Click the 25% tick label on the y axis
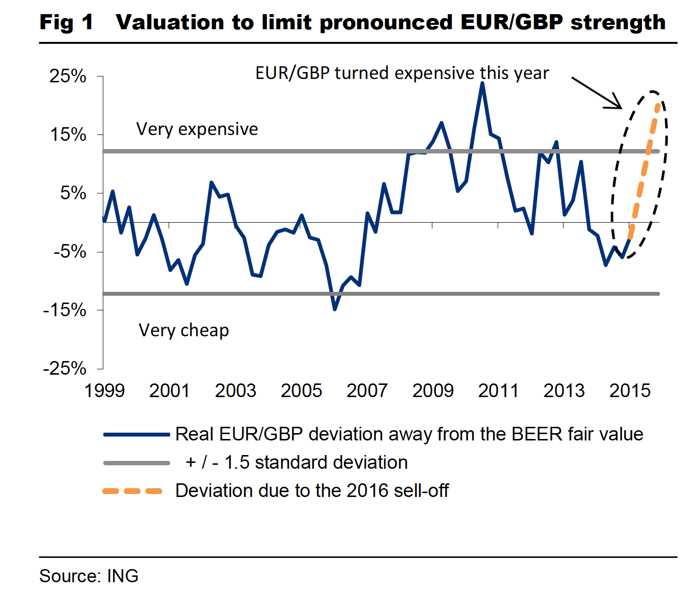click(x=68, y=76)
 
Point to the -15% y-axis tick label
click(x=64, y=310)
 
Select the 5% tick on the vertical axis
click(x=73, y=193)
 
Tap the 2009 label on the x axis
click(x=433, y=390)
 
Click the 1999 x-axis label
click(x=104, y=390)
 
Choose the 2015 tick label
click(x=630, y=390)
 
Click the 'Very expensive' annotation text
click(x=197, y=129)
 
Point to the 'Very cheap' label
click(x=184, y=330)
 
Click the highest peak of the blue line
click(x=482, y=83)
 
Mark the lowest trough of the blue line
click(x=335, y=309)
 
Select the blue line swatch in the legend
click(x=136, y=434)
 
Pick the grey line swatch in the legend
click(x=136, y=462)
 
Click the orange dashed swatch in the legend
click(x=133, y=491)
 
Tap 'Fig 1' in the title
click(x=66, y=22)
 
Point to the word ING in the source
click(x=122, y=576)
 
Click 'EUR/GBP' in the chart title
click(x=511, y=22)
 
